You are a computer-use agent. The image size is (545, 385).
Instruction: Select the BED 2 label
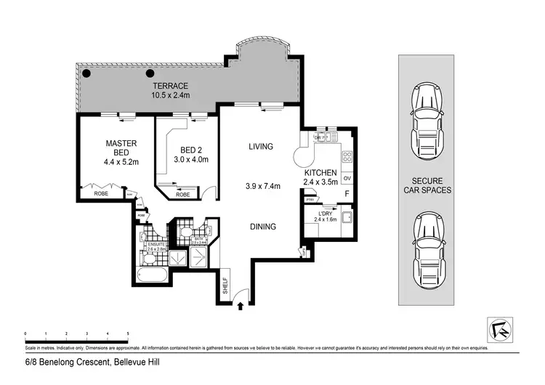190,150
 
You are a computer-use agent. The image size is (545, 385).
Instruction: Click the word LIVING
260,147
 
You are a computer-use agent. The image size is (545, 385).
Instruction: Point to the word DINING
263,227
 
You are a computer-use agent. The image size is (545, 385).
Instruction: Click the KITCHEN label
320,174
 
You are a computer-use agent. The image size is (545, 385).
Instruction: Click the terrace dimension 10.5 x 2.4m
171,95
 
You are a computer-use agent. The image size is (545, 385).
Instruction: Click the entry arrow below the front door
240,307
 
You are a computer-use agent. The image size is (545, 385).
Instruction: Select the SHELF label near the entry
225,285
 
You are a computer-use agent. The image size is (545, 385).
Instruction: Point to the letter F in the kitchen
347,194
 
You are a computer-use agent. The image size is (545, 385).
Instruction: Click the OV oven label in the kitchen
347,179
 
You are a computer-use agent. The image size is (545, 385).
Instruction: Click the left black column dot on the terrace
86,73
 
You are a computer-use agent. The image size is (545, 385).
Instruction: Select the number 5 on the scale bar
128,333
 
